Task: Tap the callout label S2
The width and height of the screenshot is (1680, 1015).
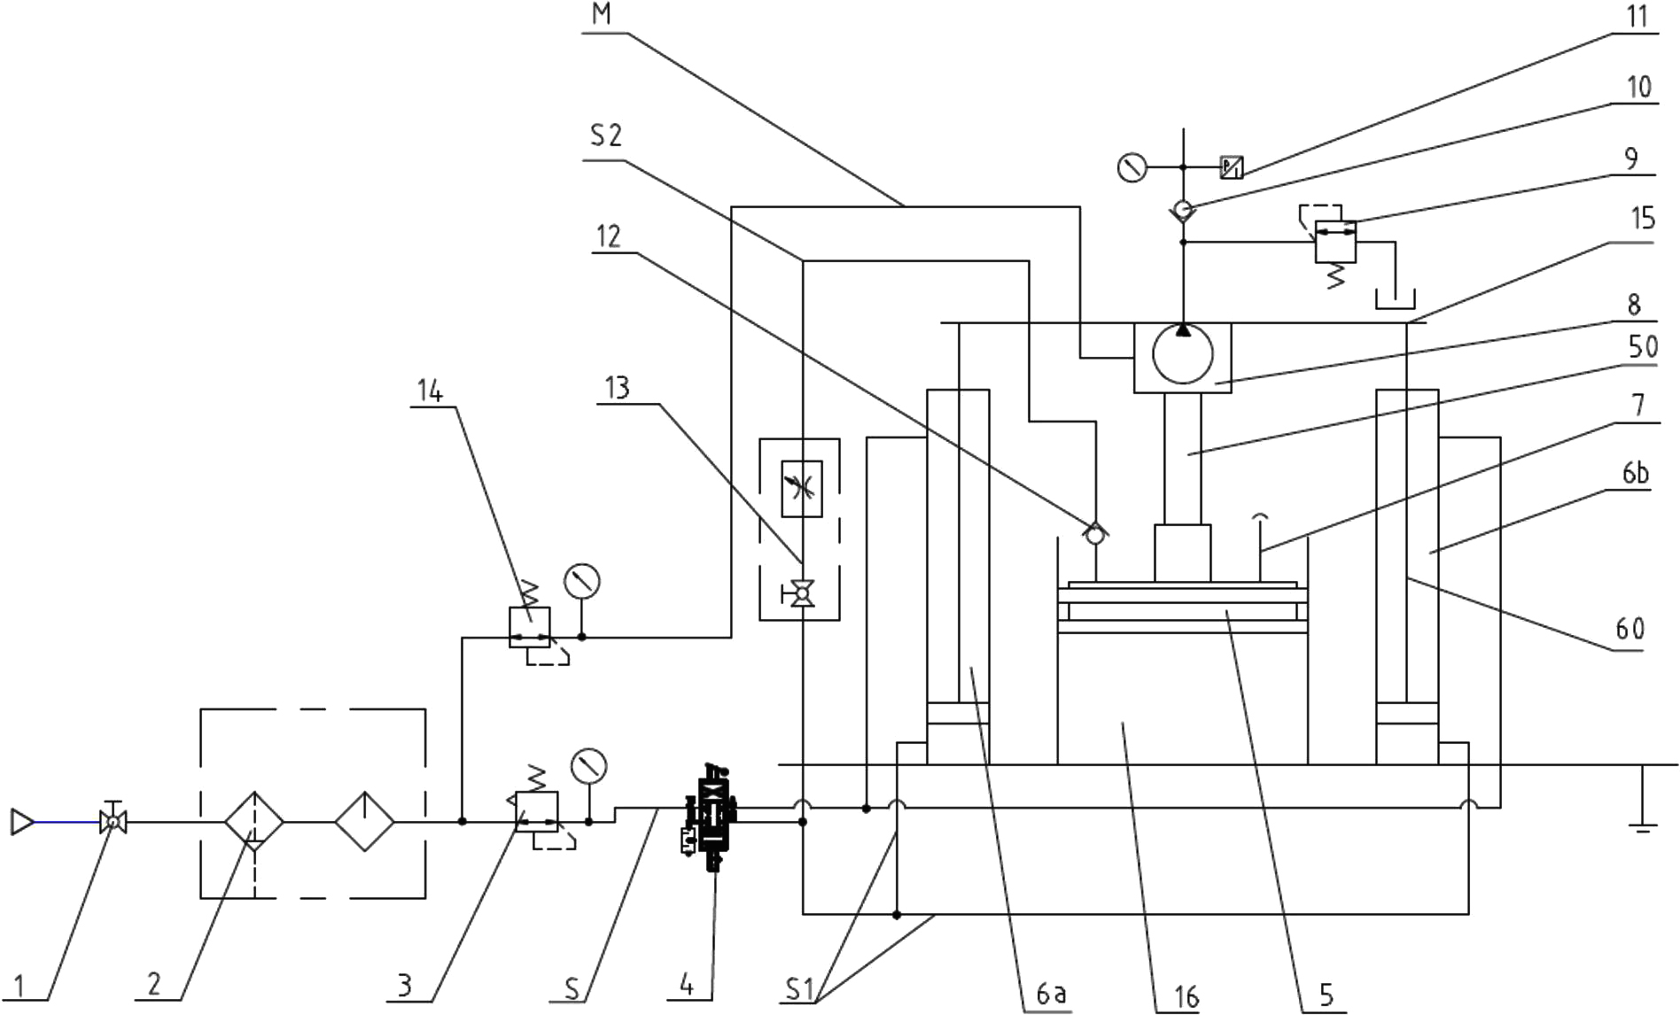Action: tap(606, 136)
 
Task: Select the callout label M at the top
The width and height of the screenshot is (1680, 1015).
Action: tap(602, 13)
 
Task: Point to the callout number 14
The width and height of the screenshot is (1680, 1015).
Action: tap(430, 391)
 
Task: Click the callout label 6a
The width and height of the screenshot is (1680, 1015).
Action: tap(1051, 994)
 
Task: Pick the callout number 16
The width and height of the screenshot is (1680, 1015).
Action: tap(1186, 997)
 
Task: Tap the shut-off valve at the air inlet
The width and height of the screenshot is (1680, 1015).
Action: tap(113, 820)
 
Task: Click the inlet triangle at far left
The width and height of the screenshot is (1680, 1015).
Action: tap(21, 822)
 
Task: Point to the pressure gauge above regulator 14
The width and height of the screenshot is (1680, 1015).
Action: tap(582, 582)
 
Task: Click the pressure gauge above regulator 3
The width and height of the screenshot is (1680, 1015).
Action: tap(589, 766)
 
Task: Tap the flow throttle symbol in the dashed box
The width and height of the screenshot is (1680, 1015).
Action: tap(802, 488)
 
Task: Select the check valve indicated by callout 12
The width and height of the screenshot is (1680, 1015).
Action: tap(1095, 532)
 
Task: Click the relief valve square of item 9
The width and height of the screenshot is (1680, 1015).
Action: tap(1334, 241)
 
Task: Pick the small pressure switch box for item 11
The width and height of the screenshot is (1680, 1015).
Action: tap(1232, 167)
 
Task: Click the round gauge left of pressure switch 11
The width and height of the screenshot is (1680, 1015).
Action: tap(1132, 167)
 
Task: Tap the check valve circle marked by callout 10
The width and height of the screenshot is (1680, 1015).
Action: tap(1183, 211)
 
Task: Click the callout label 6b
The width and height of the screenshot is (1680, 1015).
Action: tap(1636, 474)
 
